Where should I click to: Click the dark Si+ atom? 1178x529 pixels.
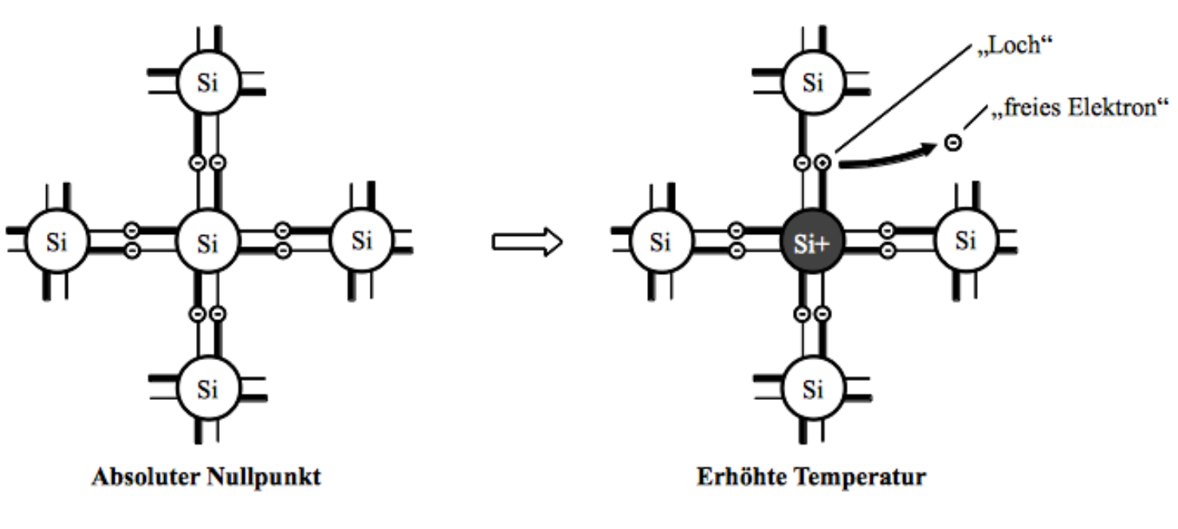[x=812, y=242]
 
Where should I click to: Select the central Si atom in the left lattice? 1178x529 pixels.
[x=207, y=242]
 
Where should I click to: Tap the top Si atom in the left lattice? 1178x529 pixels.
[x=207, y=82]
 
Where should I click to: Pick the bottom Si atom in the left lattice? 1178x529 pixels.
[x=207, y=390]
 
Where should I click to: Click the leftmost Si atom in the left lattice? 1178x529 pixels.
[x=56, y=242]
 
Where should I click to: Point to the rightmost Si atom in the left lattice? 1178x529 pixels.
[x=361, y=241]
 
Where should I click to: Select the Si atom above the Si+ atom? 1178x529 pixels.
[x=812, y=82]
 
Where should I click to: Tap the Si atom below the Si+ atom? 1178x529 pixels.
[x=812, y=390]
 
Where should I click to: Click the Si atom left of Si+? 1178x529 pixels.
[x=660, y=242]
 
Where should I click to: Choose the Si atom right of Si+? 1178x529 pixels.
[x=965, y=241]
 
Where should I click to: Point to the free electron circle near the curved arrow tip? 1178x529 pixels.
[x=952, y=143]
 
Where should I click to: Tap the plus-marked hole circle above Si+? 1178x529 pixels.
[x=823, y=163]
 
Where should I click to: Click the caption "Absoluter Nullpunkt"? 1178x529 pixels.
[x=207, y=478]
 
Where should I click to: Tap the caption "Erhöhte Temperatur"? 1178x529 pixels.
[x=811, y=478]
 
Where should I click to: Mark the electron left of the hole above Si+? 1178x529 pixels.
[x=803, y=163]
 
